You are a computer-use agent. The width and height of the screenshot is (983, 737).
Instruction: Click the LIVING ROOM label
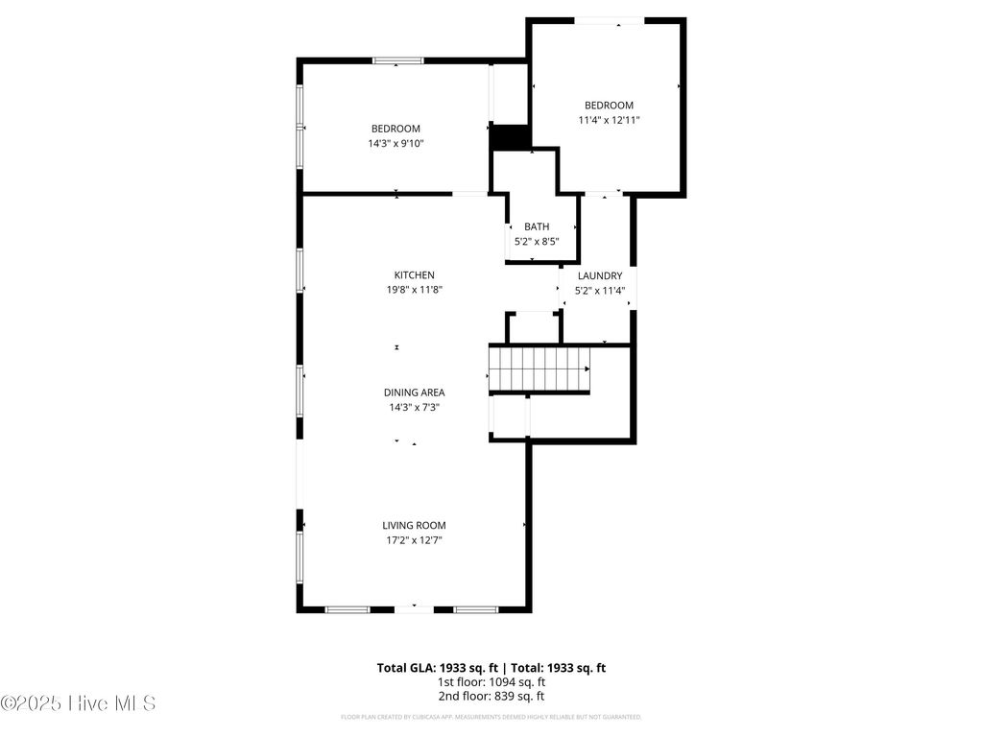point(414,525)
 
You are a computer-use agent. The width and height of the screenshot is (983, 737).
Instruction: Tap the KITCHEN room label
point(414,275)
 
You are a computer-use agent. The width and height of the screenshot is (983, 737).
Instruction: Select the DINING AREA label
point(414,392)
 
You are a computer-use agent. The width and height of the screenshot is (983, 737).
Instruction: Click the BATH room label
point(537,226)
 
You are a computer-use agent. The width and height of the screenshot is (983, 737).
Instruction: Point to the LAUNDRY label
point(600,275)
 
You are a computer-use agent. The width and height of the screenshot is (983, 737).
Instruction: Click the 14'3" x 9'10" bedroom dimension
point(396,143)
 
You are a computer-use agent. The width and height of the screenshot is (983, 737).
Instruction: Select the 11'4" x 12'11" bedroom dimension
point(609,120)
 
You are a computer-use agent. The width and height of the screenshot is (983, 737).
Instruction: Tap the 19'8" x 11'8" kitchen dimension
point(414,290)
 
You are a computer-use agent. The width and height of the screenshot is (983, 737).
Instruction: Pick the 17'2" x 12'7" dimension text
point(414,540)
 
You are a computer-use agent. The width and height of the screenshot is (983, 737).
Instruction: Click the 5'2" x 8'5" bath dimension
point(537,241)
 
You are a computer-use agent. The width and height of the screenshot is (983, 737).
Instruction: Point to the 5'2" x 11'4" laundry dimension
point(600,290)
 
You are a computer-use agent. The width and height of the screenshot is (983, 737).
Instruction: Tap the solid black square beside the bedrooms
point(510,137)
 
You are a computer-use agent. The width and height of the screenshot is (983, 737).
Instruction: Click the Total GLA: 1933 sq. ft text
point(435,667)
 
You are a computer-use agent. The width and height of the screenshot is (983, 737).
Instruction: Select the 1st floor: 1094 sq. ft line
point(491,681)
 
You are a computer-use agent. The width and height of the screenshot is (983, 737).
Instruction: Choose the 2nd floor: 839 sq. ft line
point(491,696)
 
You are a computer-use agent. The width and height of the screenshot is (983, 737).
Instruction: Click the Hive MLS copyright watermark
point(78,703)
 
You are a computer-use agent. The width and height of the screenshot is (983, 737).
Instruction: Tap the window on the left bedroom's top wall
point(397,60)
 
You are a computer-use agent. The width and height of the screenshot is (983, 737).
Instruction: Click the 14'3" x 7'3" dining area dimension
point(414,407)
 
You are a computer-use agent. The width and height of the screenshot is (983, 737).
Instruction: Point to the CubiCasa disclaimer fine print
point(491,717)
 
